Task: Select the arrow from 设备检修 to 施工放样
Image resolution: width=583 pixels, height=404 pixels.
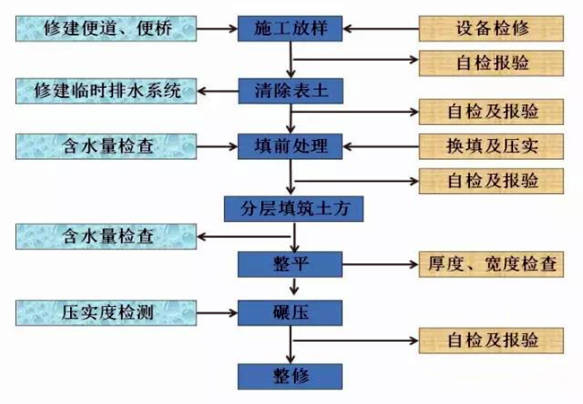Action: coord(381,28)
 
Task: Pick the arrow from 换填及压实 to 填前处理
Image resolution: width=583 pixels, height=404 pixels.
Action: coord(381,145)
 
